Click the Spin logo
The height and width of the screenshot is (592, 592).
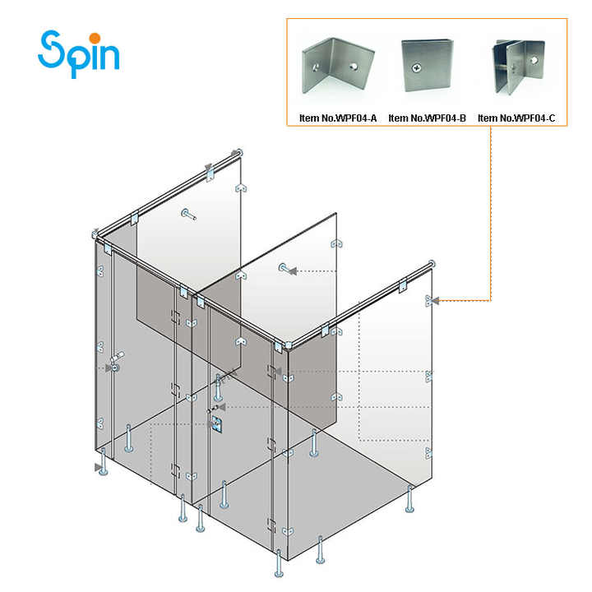(x=79, y=53)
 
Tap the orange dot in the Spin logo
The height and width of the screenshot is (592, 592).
(x=95, y=37)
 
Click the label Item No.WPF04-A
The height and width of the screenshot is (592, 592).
(x=337, y=118)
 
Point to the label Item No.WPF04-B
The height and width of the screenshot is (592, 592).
(x=427, y=118)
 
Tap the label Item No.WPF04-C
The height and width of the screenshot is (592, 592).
(x=516, y=118)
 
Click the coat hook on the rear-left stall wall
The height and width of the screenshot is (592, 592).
(x=188, y=215)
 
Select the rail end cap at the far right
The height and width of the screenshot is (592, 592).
(x=429, y=265)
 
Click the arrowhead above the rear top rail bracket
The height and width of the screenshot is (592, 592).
(x=210, y=169)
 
